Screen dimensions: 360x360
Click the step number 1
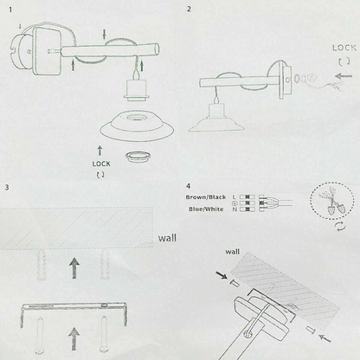pyautogui.click(x=10, y=10)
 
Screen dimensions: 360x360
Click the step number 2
pyautogui.click(x=189, y=9)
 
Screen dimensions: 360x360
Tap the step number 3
pyautogui.click(x=7, y=187)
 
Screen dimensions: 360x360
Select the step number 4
pyautogui.click(x=188, y=186)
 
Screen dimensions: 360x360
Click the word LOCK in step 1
pyautogui.click(x=101, y=164)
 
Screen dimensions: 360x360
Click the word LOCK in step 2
pyautogui.click(x=344, y=48)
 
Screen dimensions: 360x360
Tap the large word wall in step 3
pyautogui.click(x=167, y=238)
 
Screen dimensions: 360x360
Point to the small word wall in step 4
pyautogui.click(x=232, y=252)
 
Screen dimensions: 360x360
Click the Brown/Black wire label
pyautogui.click(x=206, y=197)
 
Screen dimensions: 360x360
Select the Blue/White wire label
pyautogui.click(x=206, y=209)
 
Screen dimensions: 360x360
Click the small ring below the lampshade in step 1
pyautogui.click(x=138, y=156)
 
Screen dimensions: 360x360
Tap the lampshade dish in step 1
pyautogui.click(x=137, y=126)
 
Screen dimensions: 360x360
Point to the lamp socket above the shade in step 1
pyautogui.click(x=134, y=90)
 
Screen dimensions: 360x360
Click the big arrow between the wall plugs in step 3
pyautogui.click(x=74, y=268)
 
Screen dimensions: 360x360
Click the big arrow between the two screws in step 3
pyautogui.click(x=74, y=338)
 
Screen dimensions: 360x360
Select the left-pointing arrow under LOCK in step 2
pyautogui.click(x=344, y=76)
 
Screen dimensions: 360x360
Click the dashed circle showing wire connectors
pyautogui.click(x=332, y=201)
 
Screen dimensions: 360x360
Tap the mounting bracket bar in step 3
pyautogui.click(x=74, y=306)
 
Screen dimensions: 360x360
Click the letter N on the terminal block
pyautogui.click(x=235, y=209)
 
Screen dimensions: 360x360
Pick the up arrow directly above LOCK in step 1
pyautogui.click(x=100, y=151)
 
